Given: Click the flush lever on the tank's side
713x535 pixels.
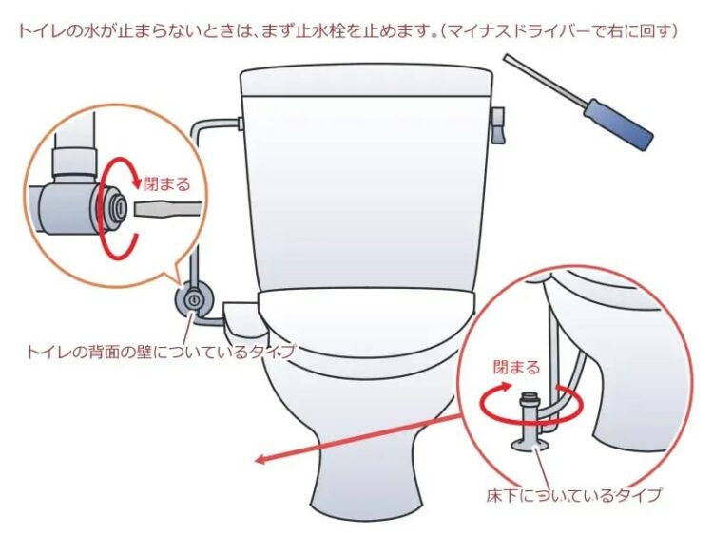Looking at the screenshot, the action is [x=498, y=125].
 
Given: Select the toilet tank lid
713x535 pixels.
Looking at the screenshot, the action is [x=367, y=81].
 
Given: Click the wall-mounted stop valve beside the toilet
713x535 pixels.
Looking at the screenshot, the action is [x=194, y=299].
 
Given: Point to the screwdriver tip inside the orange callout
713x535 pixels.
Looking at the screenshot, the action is [x=167, y=209].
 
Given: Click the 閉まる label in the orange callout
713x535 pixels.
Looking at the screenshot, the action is [x=167, y=184].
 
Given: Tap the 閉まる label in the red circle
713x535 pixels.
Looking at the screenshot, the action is [x=517, y=367].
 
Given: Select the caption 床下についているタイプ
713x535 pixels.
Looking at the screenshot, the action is [x=573, y=494].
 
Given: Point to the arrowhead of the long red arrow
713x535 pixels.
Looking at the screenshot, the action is [x=258, y=460].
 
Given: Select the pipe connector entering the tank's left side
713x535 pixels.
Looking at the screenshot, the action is [x=239, y=124].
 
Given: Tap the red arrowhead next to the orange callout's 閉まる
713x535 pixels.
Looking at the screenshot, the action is [x=137, y=181].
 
